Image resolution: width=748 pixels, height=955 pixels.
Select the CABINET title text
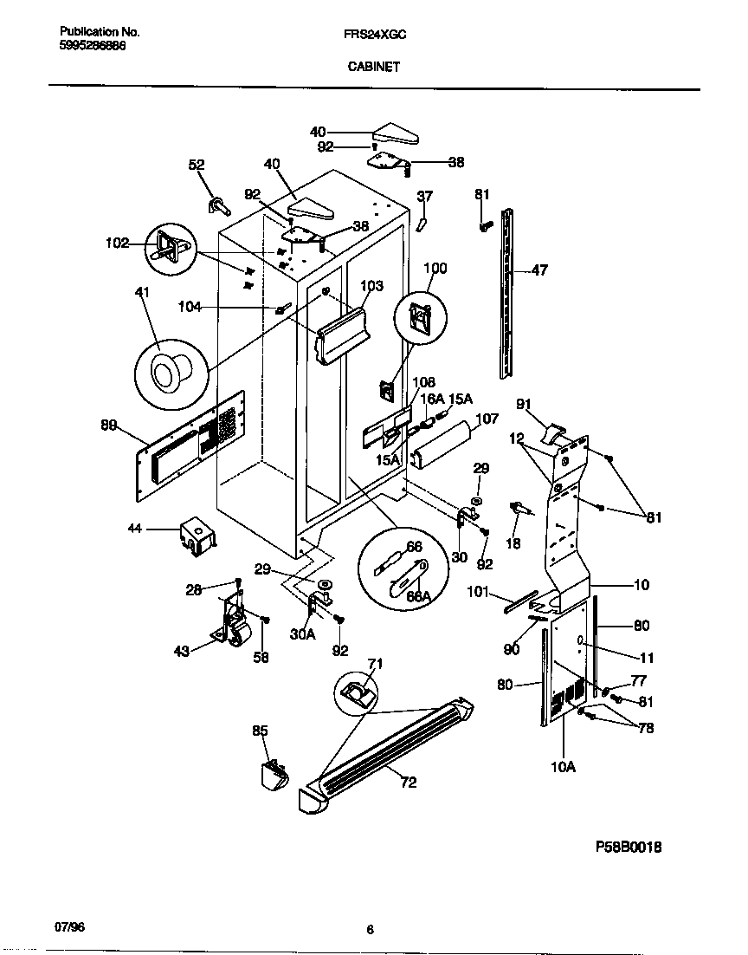[373, 66]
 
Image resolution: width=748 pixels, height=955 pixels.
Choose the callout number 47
[538, 271]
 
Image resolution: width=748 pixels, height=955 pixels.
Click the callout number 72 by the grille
[409, 783]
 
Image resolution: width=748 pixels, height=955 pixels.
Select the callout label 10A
[563, 767]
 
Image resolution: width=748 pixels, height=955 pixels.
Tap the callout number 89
[109, 425]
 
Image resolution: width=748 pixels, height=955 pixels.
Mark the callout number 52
[197, 165]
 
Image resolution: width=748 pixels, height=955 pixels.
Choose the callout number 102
[116, 244]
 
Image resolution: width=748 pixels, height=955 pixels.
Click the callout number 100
[435, 269]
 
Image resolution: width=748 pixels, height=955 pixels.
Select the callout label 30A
[302, 633]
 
